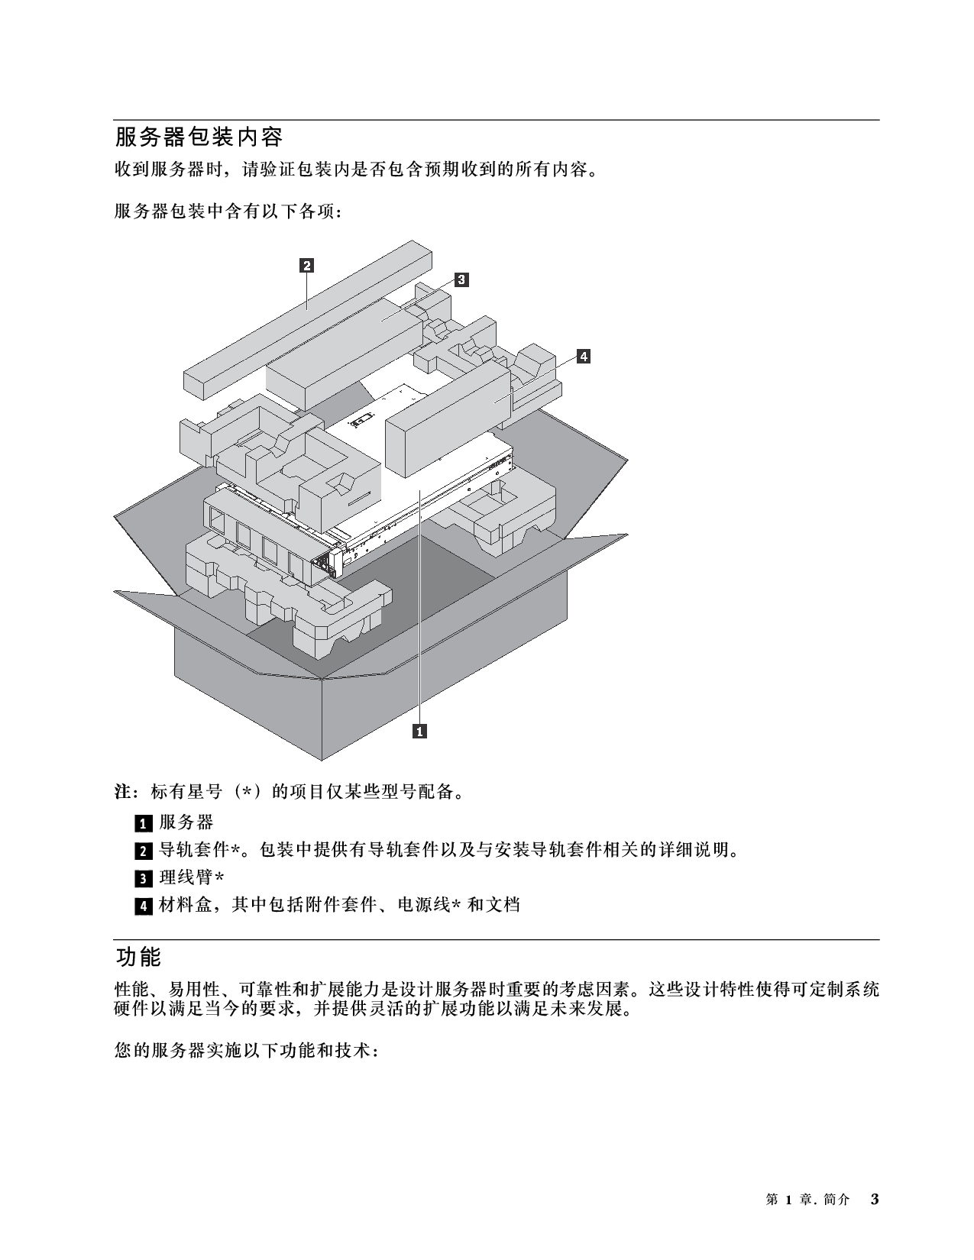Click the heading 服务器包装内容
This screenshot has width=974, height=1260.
pyautogui.click(x=199, y=137)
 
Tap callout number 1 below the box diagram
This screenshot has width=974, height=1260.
pyautogui.click(x=420, y=732)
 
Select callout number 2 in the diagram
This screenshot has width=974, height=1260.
pyautogui.click(x=306, y=266)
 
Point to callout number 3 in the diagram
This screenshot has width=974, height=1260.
pyautogui.click(x=461, y=279)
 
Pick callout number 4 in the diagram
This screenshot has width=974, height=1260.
pyautogui.click(x=583, y=356)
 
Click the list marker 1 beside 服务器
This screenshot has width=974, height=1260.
pyautogui.click(x=144, y=823)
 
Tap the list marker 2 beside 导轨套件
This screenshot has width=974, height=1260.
pyautogui.click(x=144, y=851)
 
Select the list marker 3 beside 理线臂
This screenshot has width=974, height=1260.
pyautogui.click(x=144, y=878)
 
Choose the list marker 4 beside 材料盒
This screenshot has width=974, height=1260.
pyautogui.click(x=144, y=906)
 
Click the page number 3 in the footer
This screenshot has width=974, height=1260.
pyautogui.click(x=875, y=1200)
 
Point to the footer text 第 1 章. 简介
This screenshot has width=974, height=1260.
pyautogui.click(x=807, y=1200)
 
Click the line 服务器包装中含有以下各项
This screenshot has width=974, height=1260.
pyautogui.click(x=227, y=212)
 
